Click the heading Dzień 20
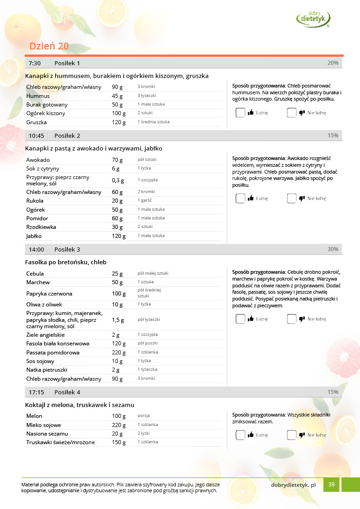(49, 46)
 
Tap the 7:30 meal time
(35, 63)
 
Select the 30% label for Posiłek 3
(333, 249)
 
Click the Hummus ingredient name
(38, 96)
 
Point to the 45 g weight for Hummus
(117, 96)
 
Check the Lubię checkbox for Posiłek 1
(240, 113)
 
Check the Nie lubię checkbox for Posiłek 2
(292, 198)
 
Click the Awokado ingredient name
(38, 160)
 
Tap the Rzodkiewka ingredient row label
(42, 227)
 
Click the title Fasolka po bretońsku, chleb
(66, 262)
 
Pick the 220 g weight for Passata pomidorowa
(119, 352)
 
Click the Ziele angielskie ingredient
(45, 335)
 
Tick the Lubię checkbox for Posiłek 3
(240, 319)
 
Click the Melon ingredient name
(34, 416)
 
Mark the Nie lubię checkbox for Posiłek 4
(292, 435)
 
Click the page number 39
(331, 485)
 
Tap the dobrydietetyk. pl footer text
(293, 485)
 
